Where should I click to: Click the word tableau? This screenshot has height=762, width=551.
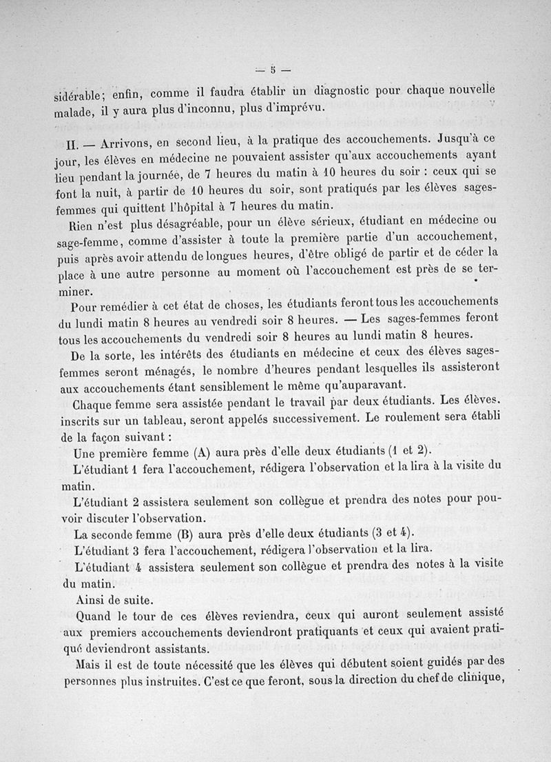click(x=165, y=418)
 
